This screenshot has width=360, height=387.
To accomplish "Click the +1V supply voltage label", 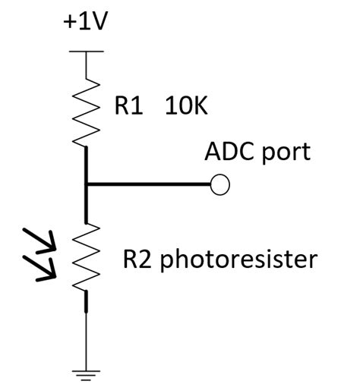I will (x=86, y=21).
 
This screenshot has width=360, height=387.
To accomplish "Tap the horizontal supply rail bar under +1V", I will (x=86, y=52).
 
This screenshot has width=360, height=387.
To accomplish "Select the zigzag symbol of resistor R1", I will (x=86, y=110).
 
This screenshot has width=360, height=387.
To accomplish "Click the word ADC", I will (x=229, y=151).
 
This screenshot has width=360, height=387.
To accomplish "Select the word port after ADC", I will (x=286, y=153).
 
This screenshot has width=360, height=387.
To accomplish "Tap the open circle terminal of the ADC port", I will (x=219, y=185).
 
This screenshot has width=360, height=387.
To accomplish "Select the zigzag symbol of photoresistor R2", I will (x=86, y=258).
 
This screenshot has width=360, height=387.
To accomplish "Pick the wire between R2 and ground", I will (x=86, y=334).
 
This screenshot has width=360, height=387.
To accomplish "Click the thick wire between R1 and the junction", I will (x=86, y=163).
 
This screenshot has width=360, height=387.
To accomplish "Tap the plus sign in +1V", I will (x=69, y=22).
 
